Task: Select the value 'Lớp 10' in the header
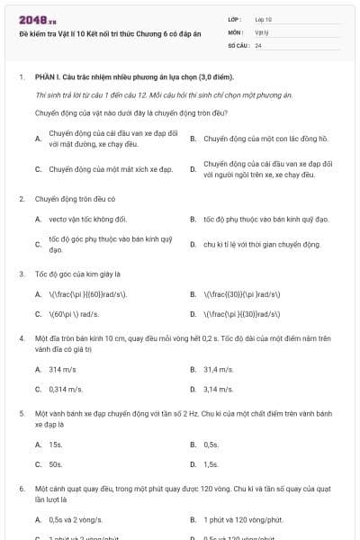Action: [263, 19]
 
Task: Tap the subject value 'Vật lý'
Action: [262, 31]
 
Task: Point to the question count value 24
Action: [258, 44]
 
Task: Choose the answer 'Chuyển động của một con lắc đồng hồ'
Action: [253, 139]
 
